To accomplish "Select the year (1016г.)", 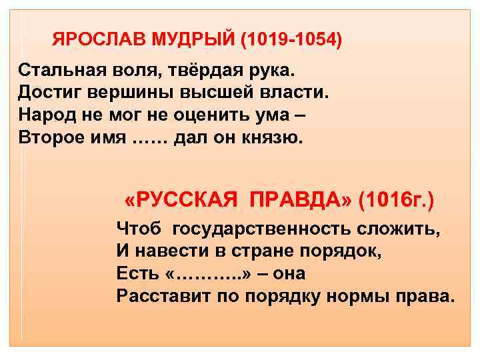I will pyautogui.click(x=396, y=199).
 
